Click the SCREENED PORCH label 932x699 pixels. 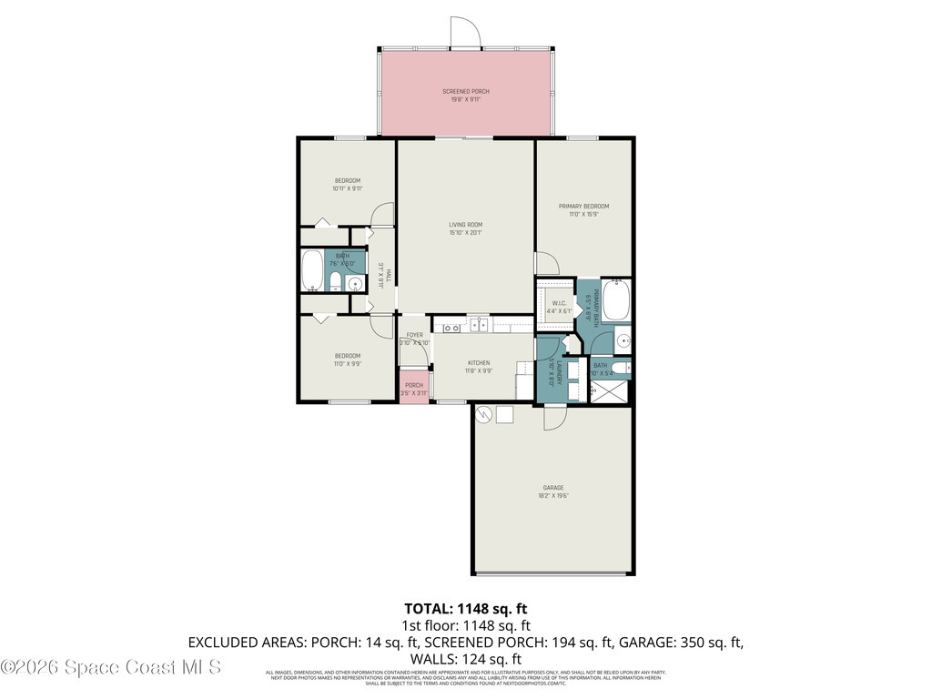click(465, 95)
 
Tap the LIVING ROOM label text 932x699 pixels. click(465, 228)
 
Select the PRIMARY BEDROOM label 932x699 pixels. click(583, 210)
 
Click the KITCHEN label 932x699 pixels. click(479, 367)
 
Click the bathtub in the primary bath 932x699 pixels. click(616, 299)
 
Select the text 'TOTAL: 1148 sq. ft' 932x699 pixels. click(465, 608)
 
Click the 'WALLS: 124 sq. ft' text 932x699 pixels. click(465, 658)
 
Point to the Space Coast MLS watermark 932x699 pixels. click(111, 667)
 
